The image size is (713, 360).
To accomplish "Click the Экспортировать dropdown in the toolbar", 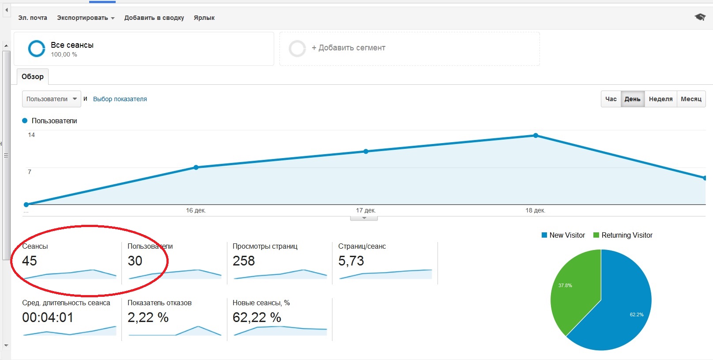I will click(86, 18).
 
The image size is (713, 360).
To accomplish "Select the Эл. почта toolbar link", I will click(33, 18).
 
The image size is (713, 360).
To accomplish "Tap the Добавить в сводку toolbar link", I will click(154, 18).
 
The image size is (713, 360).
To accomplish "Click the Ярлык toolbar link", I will click(204, 18).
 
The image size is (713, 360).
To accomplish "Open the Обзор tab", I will click(33, 76).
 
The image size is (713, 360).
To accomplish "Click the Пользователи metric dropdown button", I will click(51, 99).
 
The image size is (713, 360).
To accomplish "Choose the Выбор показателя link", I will click(120, 99).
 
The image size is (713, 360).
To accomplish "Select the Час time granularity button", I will click(611, 99).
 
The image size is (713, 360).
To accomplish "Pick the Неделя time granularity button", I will click(660, 99).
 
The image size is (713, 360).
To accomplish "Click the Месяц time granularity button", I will click(691, 99).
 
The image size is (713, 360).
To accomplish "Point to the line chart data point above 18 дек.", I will click(536, 136).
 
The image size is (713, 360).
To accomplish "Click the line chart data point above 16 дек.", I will click(196, 167).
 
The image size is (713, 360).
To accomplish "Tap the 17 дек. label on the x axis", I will click(366, 210).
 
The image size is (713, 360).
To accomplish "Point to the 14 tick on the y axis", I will click(31, 135).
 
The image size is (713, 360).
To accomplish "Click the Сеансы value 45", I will click(30, 261).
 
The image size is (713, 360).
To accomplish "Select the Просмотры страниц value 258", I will click(244, 261).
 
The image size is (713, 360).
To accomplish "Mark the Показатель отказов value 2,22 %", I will click(148, 318).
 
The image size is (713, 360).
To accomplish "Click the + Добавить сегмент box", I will click(409, 48).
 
